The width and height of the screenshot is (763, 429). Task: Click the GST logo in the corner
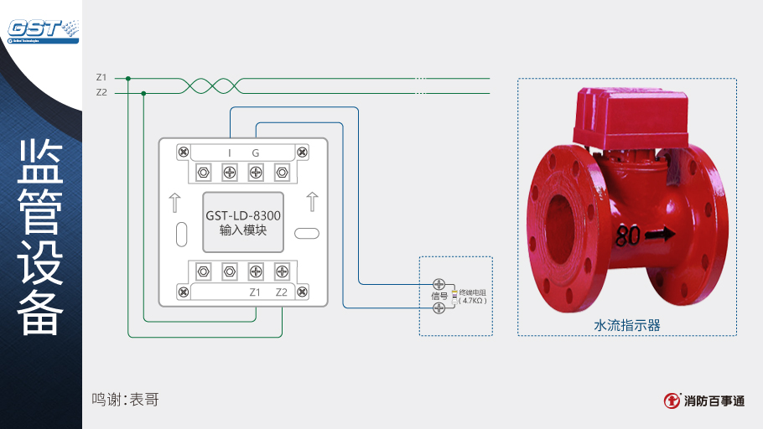(x=42, y=28)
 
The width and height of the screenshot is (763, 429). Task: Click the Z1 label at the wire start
(x=101, y=78)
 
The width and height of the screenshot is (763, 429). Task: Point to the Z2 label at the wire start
(x=101, y=92)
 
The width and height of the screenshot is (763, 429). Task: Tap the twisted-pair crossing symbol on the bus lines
(x=213, y=85)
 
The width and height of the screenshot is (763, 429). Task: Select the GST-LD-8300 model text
(x=243, y=215)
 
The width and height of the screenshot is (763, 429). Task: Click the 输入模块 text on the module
(x=243, y=230)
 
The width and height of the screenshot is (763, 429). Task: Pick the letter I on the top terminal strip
(x=230, y=152)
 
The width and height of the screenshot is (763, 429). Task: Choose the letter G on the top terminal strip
(x=256, y=152)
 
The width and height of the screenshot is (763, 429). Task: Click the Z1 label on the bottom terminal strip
(x=256, y=292)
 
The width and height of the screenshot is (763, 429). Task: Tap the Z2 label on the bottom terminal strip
(x=282, y=292)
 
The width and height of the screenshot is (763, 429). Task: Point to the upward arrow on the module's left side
(x=174, y=202)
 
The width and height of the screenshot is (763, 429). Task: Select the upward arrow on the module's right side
(x=312, y=202)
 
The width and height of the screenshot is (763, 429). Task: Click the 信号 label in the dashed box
(x=439, y=296)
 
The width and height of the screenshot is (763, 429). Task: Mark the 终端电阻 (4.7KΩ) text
(x=473, y=296)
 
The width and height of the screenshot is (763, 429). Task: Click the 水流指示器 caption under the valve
(x=627, y=325)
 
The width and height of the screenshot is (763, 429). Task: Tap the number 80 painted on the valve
(x=628, y=236)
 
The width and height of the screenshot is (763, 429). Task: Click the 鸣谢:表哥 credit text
(x=125, y=400)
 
